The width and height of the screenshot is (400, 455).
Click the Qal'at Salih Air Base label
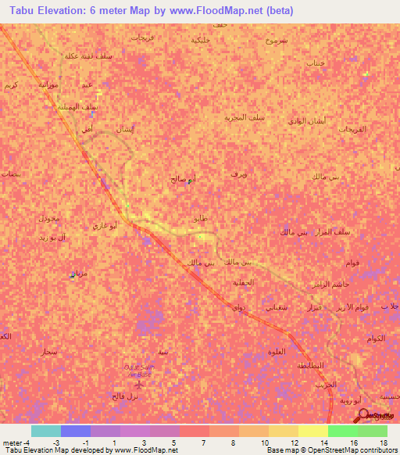pyautogui.click(x=140, y=369)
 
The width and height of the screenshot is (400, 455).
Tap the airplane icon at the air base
pyautogui.click(x=140, y=383)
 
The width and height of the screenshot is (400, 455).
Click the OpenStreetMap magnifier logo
pyautogui.click(x=365, y=416)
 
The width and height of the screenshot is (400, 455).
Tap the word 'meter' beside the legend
pyautogui.click(x=12, y=442)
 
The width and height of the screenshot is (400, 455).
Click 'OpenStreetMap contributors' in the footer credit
pyautogui.click(x=343, y=450)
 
